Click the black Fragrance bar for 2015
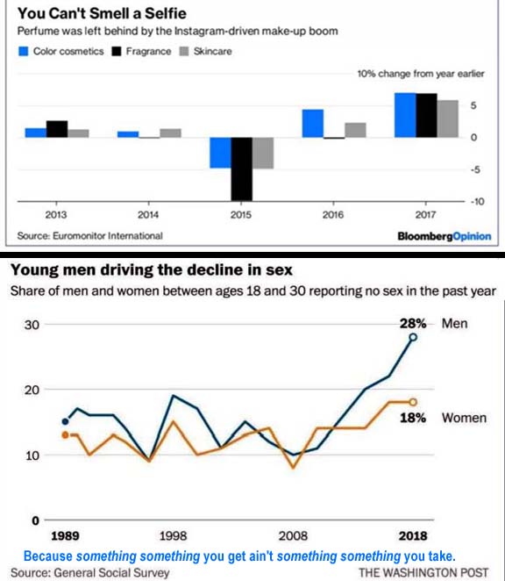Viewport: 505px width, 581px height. click(241, 169)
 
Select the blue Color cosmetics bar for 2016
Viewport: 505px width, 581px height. click(313, 124)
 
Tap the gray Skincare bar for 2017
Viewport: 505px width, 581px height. click(448, 118)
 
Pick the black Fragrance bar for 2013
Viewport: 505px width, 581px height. click(57, 129)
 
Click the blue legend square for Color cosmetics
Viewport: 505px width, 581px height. click(24, 51)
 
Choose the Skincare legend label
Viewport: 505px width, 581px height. click(212, 51)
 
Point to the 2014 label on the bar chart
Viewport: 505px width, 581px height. click(148, 214)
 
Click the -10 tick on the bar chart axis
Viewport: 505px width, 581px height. click(477, 202)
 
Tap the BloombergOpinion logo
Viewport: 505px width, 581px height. click(445, 236)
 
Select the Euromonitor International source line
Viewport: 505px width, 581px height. click(90, 236)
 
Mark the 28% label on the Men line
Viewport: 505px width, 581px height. click(413, 324)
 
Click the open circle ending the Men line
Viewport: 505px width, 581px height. click(413, 337)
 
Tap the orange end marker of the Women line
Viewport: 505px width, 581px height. click(413, 402)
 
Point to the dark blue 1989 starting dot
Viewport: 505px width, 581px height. click(65, 421)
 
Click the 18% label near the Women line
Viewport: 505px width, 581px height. click(413, 418)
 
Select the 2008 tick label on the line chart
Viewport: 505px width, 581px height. click(293, 535)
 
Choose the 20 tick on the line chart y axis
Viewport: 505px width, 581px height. click(32, 390)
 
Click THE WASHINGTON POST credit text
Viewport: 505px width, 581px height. click(423, 572)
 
